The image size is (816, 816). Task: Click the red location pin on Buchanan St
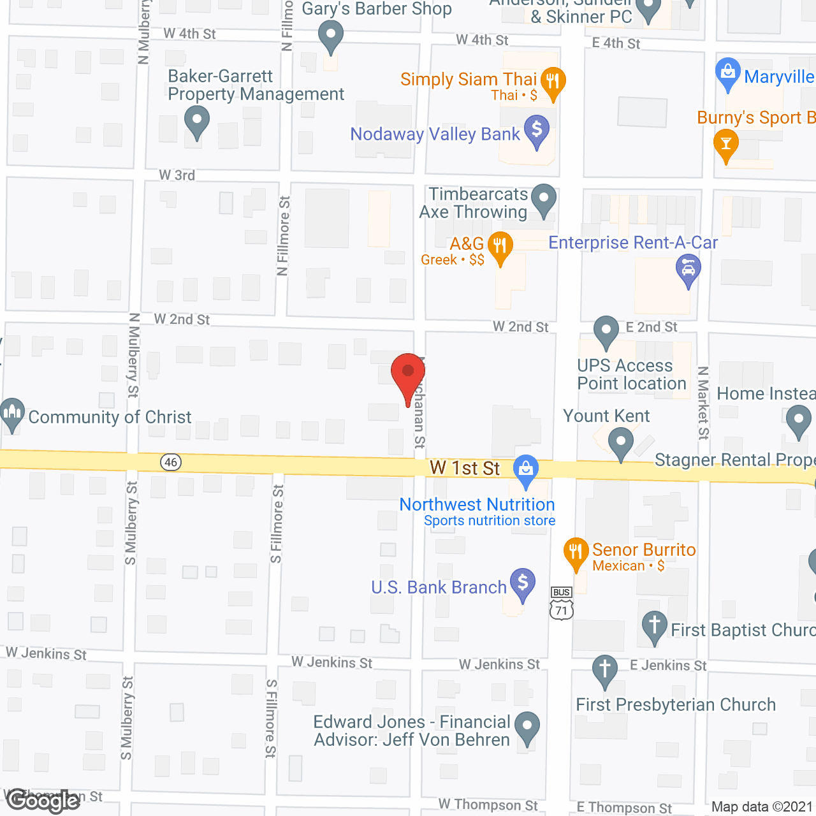point(408,373)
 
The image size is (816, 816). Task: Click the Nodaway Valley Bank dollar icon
point(537,130)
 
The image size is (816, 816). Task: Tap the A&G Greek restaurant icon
point(500,246)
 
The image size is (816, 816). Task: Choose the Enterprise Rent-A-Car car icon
point(688,269)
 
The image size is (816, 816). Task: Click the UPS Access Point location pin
point(606,331)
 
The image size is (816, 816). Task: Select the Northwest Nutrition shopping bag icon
point(525,470)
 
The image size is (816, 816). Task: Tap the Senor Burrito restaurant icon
point(576,552)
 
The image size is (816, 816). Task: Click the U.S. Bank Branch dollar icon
point(523,583)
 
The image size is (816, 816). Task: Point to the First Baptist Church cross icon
point(654,625)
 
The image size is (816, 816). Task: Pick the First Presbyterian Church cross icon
point(605,670)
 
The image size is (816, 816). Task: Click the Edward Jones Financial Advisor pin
point(527,726)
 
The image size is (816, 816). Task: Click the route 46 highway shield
point(171,462)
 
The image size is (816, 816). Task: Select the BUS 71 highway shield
point(561,604)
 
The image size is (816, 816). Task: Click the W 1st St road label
point(465,468)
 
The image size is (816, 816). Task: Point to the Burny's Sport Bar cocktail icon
point(725,143)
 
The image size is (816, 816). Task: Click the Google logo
point(43,801)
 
